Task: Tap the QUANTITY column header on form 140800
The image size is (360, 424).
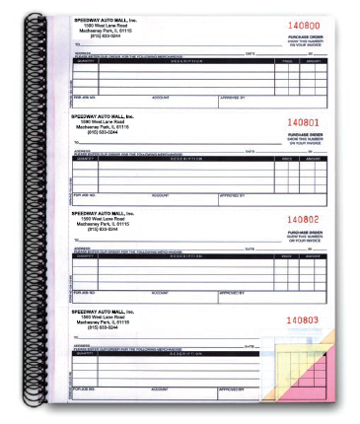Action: pos(85,60)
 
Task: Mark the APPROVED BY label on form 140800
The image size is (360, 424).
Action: pos(231,99)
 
